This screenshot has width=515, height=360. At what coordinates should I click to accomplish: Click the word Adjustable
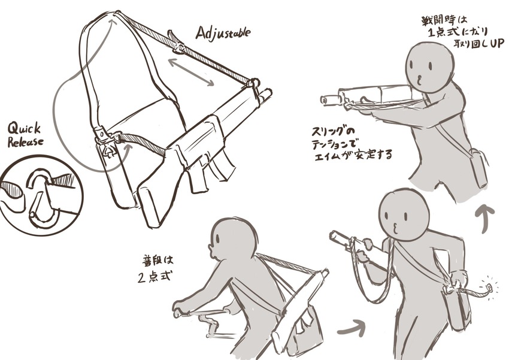point(223,34)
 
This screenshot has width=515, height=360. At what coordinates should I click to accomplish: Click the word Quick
point(24,128)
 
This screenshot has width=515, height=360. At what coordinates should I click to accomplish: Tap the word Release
point(25,142)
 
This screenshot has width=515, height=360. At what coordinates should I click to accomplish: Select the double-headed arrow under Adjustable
point(191,72)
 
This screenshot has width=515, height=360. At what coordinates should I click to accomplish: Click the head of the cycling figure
point(233,240)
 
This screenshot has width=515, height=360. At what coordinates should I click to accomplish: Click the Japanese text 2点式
point(154,277)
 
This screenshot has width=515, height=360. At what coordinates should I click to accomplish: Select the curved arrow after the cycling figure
point(352,326)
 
